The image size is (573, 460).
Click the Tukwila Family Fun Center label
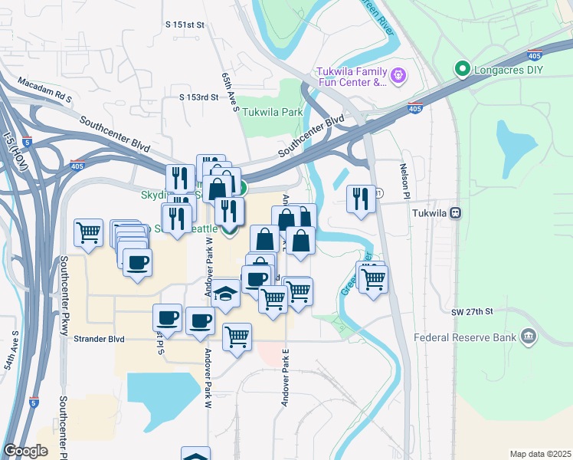pos(352,77)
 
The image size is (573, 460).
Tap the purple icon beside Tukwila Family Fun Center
pos(398,76)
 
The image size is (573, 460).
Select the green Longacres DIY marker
pos(463,70)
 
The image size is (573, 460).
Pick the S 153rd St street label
pos(199,97)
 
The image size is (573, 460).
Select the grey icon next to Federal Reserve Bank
pos(528,336)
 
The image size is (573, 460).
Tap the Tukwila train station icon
pos(456,213)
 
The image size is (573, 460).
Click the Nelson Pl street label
pos(403,182)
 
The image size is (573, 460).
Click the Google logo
pos(25,451)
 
